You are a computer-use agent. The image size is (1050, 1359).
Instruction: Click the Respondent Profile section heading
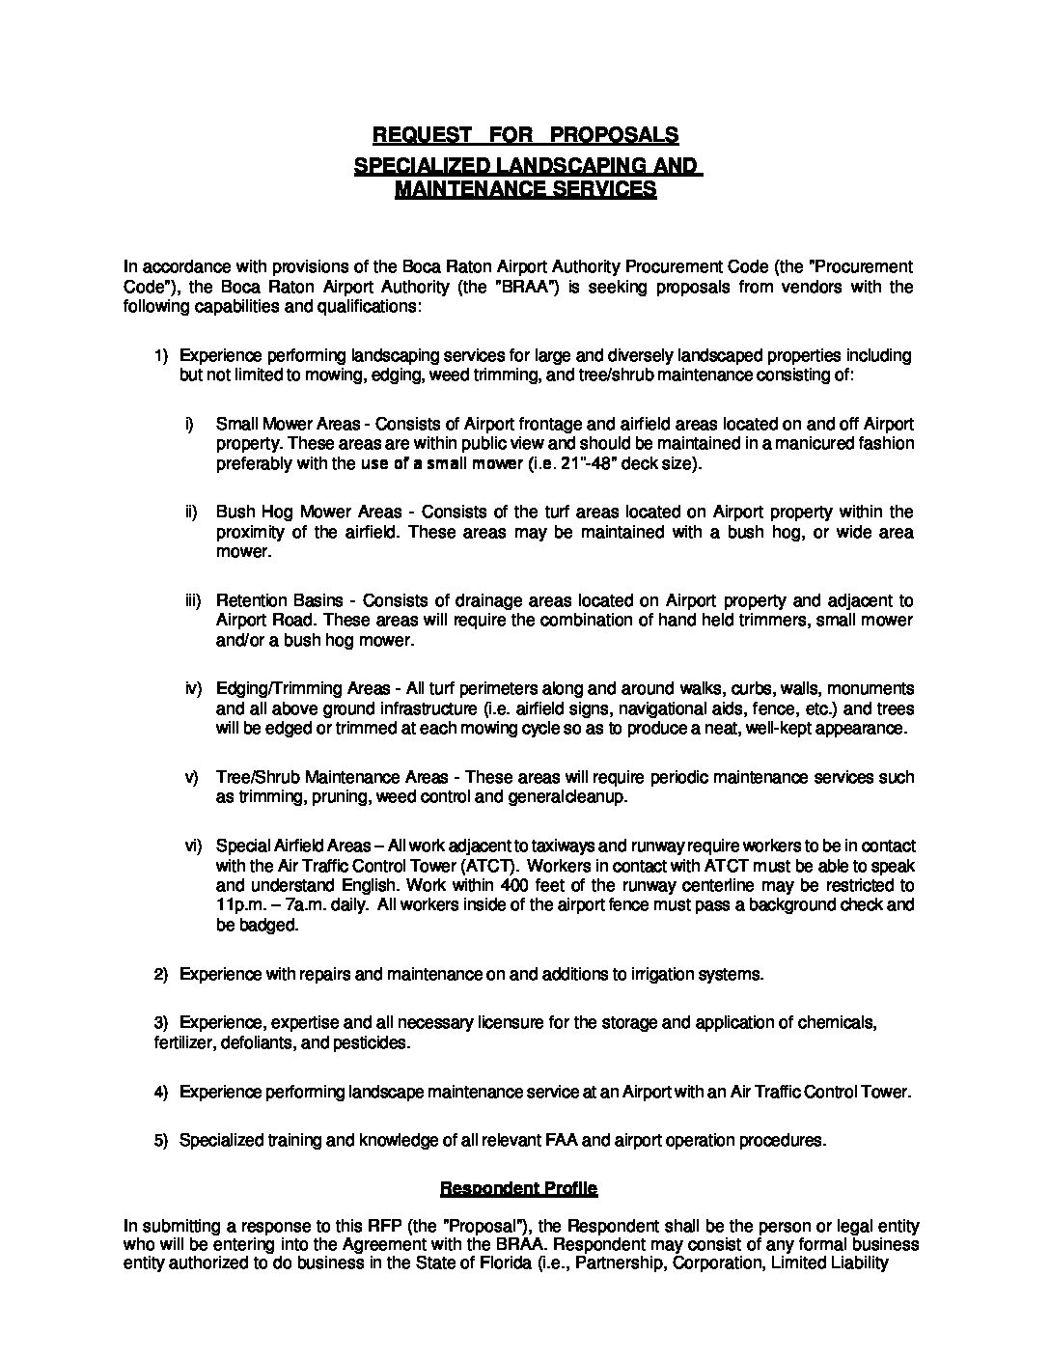pos(518,1187)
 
